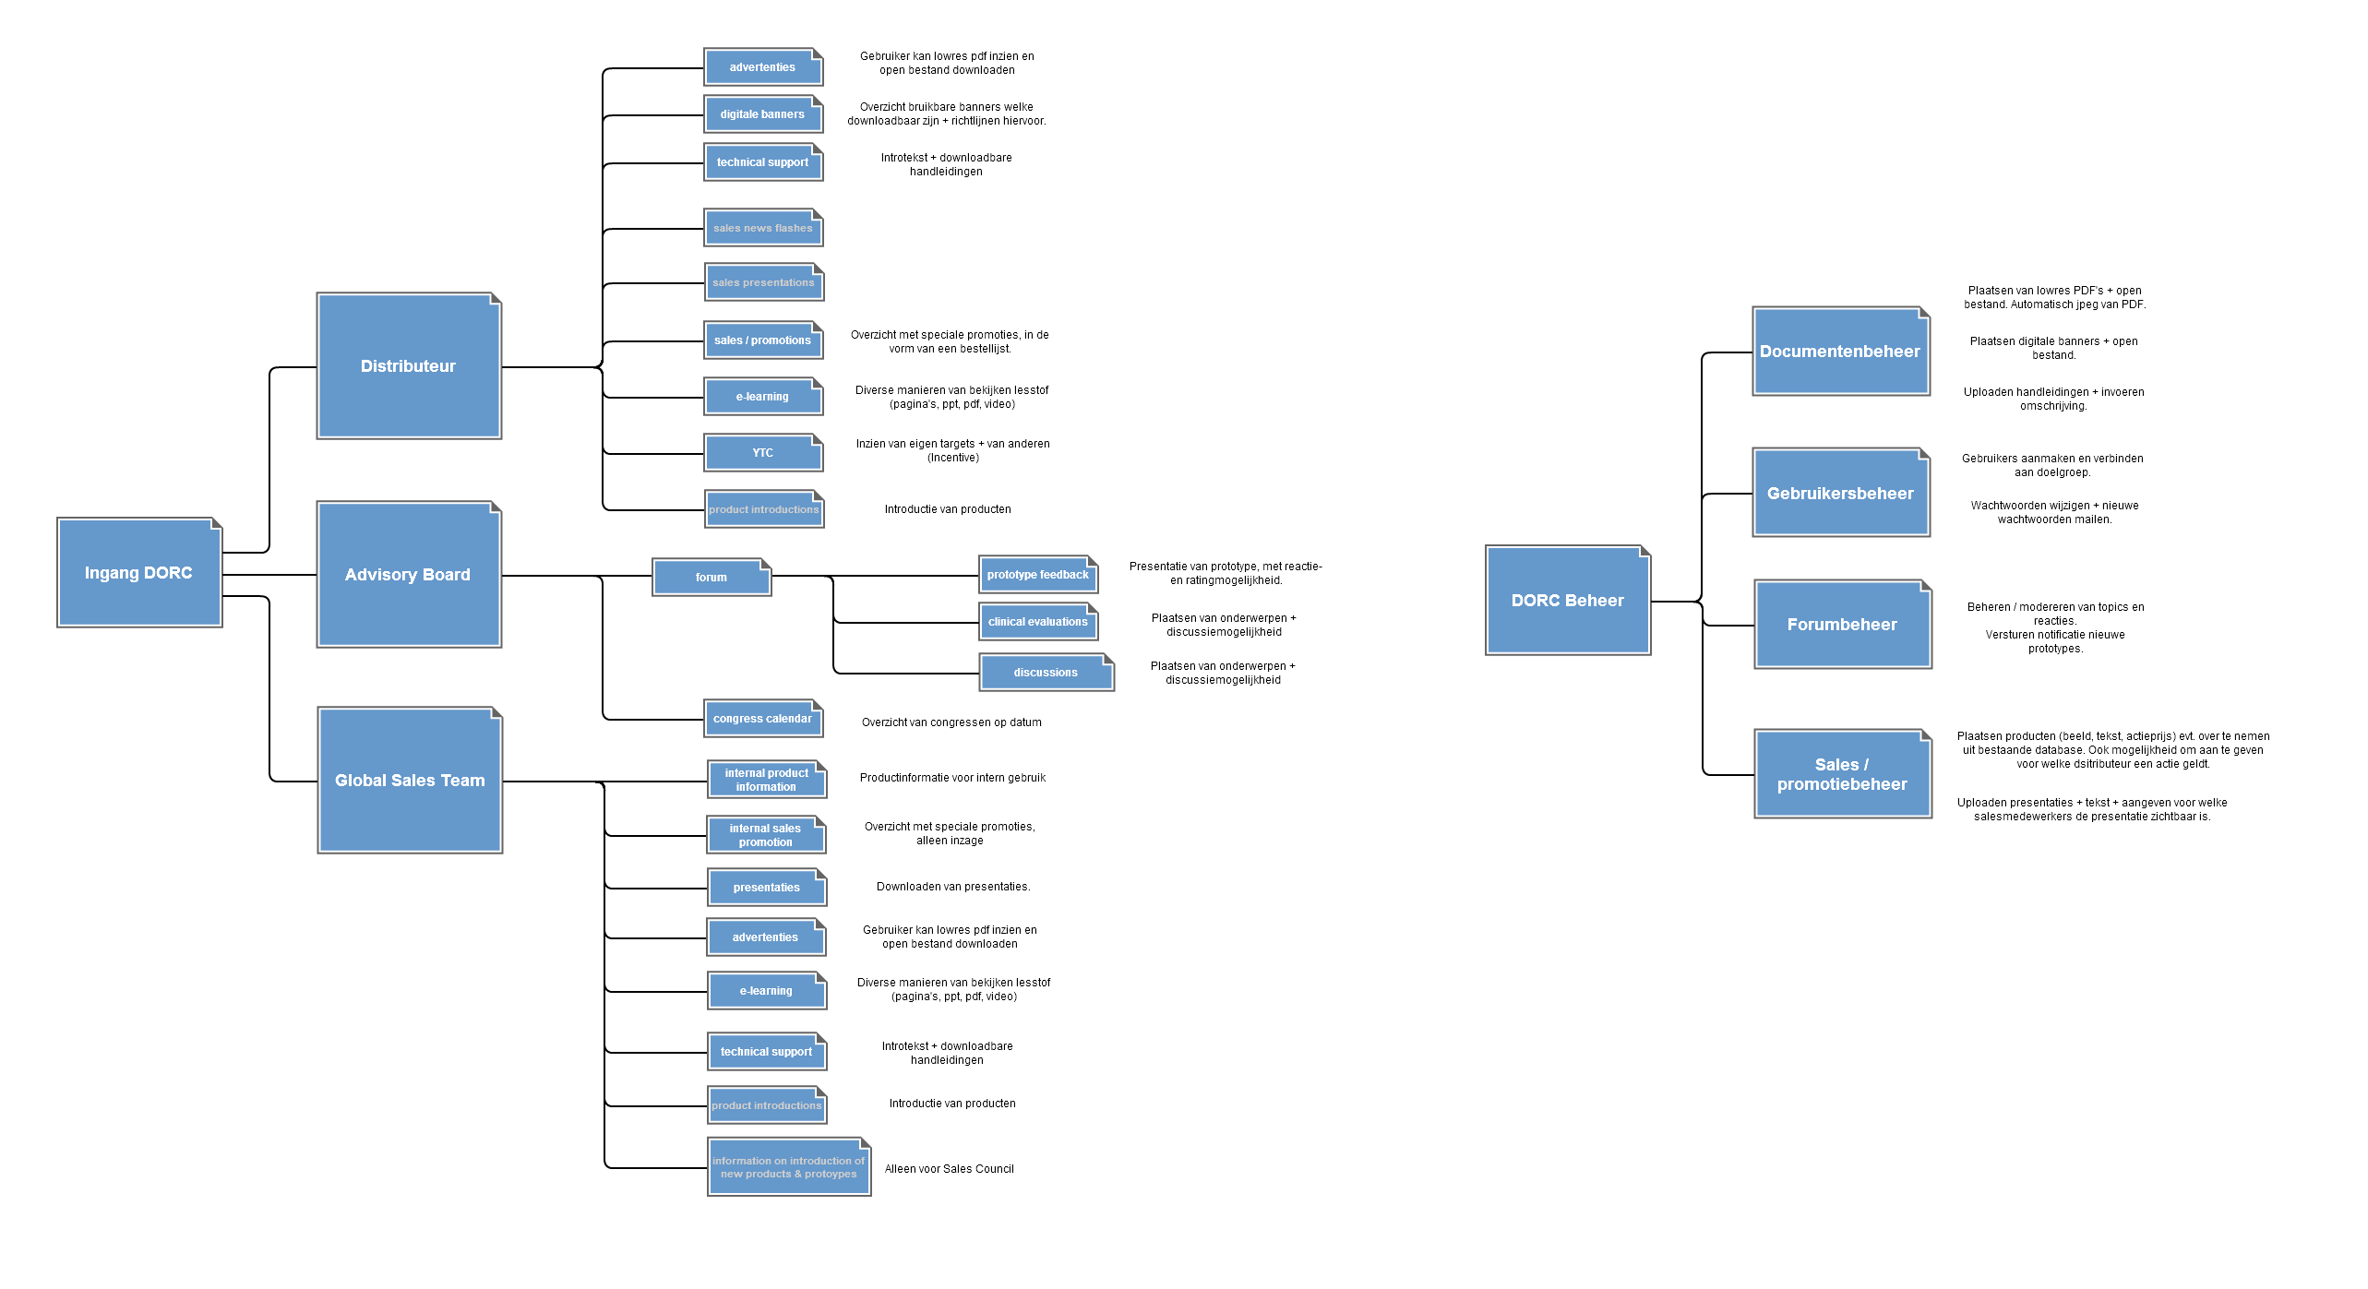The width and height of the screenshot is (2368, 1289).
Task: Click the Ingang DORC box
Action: click(x=139, y=573)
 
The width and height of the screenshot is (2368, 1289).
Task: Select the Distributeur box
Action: click(x=409, y=366)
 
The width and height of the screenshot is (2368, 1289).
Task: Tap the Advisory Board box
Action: click(x=409, y=575)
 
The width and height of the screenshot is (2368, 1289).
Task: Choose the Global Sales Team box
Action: click(x=410, y=781)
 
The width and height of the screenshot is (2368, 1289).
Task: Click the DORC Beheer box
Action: click(x=1567, y=601)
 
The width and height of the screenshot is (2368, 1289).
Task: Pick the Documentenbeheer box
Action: click(x=1840, y=352)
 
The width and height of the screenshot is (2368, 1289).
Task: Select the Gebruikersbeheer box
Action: click(x=1840, y=494)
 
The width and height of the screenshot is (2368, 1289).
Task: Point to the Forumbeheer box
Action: click(x=1842, y=625)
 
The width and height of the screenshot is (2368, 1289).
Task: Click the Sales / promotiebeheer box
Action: click(x=1842, y=774)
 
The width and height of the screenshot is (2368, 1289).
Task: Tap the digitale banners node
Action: click(x=762, y=114)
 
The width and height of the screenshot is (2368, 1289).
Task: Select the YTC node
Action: click(x=762, y=453)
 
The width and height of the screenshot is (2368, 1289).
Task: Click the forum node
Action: click(x=711, y=578)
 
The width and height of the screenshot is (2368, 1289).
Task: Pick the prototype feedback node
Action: click(x=1037, y=575)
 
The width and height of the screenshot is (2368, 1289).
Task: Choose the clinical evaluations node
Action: click(x=1037, y=622)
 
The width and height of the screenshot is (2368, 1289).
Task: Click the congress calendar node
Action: click(x=762, y=719)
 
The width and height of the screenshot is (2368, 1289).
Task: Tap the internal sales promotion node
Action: click(x=765, y=835)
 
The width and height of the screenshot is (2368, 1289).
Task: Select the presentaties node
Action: click(x=766, y=888)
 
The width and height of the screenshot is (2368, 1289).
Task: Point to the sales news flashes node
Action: click(x=762, y=228)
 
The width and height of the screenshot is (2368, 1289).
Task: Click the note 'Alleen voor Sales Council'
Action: click(x=949, y=1169)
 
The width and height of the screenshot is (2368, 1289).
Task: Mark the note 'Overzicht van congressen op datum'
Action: click(x=951, y=722)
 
